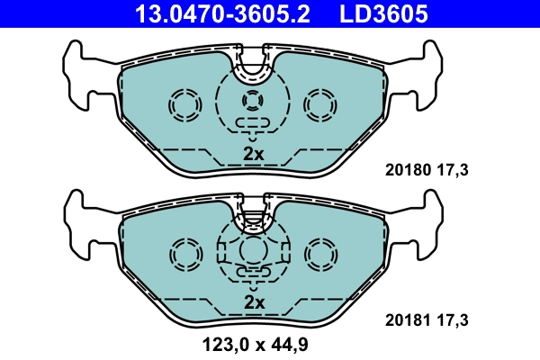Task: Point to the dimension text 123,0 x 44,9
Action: (254, 343)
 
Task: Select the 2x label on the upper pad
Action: (254, 153)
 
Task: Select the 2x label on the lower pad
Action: (254, 302)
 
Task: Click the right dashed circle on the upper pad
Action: (319, 106)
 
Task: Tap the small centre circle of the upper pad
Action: (254, 101)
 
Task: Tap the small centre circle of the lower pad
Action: (254, 249)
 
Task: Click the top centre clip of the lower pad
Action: (254, 213)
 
